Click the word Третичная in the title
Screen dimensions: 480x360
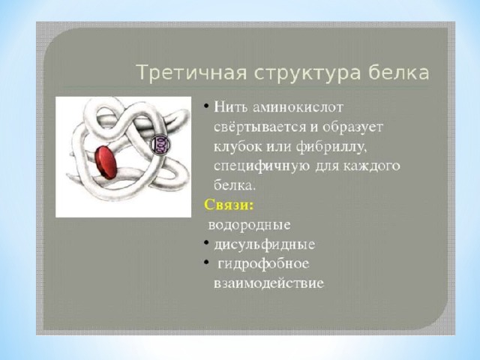(192, 73)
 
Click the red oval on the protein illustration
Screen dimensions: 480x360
(106, 162)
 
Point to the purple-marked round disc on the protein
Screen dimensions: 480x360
(159, 143)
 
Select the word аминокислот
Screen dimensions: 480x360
(298, 108)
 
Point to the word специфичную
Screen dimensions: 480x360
(260, 166)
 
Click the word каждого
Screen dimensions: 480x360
(372, 166)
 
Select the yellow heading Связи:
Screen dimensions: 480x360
(229, 205)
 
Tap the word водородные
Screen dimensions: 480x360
(249, 225)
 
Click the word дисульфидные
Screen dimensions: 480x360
(264, 244)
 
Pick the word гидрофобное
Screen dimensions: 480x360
(263, 264)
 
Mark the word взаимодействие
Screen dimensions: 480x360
(268, 283)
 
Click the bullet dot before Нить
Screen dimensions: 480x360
(206, 106)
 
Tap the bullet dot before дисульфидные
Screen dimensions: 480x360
(206, 243)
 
